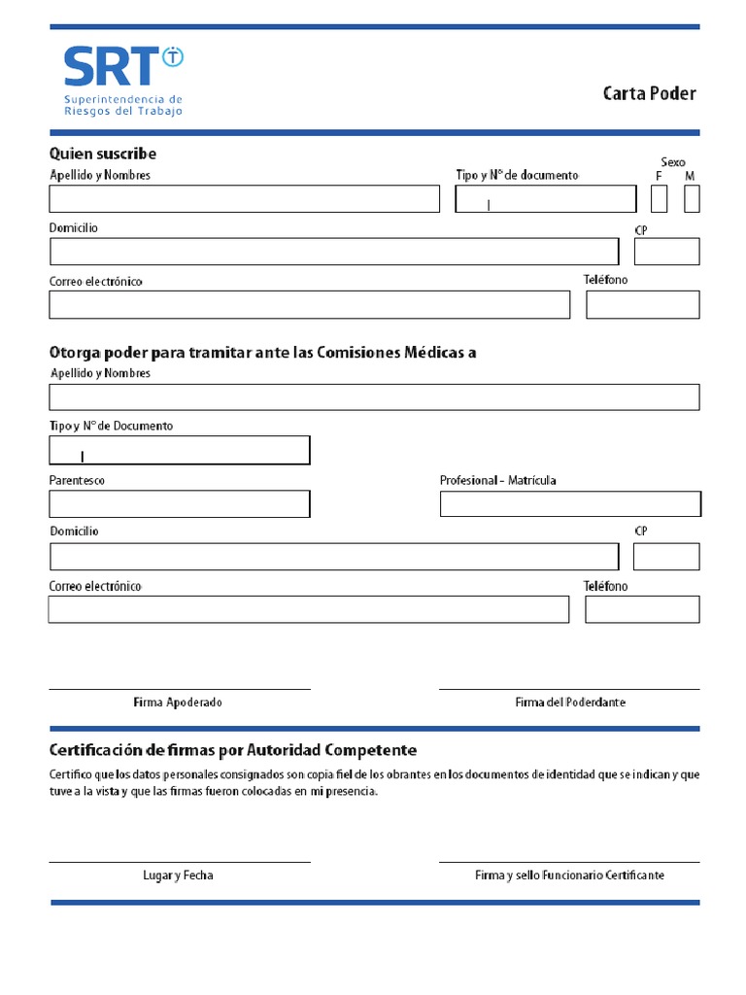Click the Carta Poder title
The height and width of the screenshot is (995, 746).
[649, 94]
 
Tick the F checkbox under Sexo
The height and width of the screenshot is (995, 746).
[660, 199]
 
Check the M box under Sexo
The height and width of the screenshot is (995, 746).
[692, 199]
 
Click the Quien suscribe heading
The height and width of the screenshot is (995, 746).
[103, 154]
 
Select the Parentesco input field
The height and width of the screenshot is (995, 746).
[180, 504]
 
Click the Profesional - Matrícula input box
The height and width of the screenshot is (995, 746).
[570, 504]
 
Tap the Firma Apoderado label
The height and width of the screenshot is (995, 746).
[178, 703]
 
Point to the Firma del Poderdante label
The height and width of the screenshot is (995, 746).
[570, 703]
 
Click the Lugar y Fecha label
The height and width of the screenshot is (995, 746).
[178, 875]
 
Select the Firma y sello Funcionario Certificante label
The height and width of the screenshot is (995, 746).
[570, 875]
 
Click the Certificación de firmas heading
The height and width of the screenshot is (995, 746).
[233, 750]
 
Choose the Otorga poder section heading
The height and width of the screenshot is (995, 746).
[262, 353]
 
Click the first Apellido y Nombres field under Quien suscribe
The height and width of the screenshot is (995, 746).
[245, 199]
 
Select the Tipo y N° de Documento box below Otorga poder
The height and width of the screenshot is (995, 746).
[180, 451]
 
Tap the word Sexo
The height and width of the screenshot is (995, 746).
[673, 161]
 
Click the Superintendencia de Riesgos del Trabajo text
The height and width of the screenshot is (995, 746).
[122, 105]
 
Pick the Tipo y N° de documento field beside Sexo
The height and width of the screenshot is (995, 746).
[546, 199]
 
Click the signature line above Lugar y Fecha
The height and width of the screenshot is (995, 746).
[180, 862]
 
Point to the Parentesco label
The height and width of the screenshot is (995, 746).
[78, 481]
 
